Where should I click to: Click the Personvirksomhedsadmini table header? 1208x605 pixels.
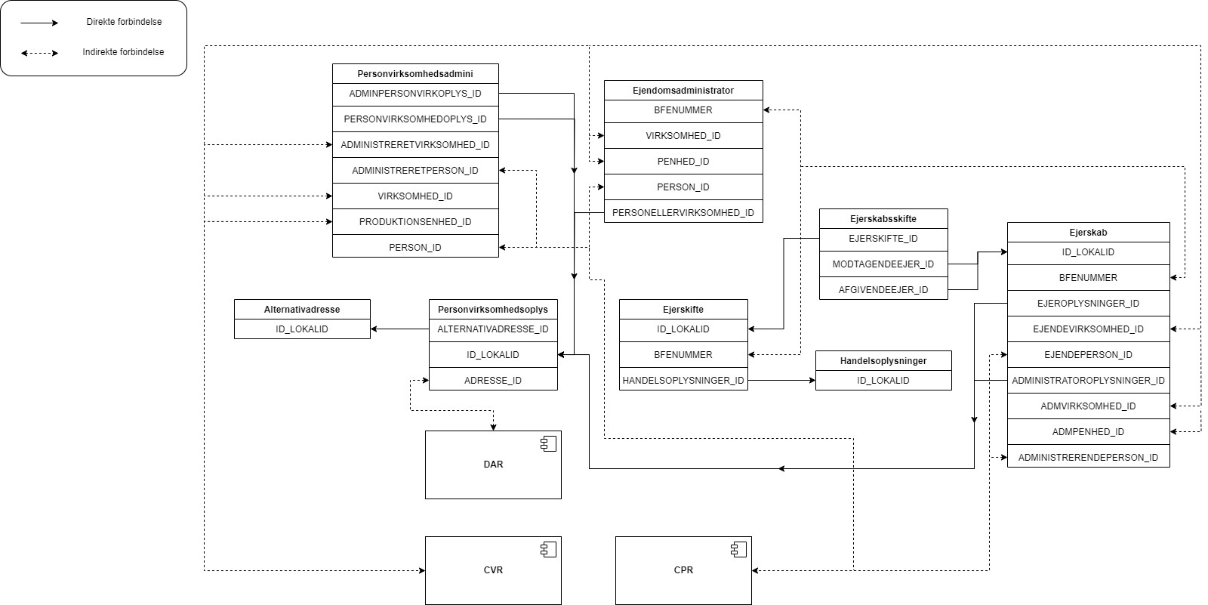point(415,74)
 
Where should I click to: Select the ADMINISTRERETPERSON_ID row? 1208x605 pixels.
point(415,171)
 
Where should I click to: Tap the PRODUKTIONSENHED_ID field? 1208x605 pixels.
point(415,222)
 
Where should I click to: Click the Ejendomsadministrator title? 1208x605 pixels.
point(683,91)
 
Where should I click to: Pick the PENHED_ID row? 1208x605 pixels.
point(683,162)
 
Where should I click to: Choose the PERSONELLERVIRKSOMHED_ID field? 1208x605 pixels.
point(683,213)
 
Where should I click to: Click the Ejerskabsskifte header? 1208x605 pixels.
point(883,219)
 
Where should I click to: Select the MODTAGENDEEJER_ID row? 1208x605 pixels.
point(883,264)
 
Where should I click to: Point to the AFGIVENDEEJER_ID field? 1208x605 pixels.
point(883,290)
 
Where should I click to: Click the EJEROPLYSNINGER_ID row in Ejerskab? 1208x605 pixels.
point(1088,304)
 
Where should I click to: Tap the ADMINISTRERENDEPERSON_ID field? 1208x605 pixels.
point(1088,458)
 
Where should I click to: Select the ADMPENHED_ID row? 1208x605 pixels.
point(1088,432)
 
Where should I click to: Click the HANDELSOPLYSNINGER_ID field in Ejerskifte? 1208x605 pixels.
point(683,381)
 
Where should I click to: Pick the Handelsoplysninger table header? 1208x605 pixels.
point(883,361)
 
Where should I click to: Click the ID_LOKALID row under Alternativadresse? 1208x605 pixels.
point(302,329)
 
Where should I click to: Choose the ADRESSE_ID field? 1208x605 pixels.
point(493,381)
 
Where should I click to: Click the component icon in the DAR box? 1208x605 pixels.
point(549,444)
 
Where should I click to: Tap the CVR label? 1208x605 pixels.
point(493,570)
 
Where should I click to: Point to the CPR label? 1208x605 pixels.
point(683,570)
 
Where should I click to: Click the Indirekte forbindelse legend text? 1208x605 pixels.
point(123,53)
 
